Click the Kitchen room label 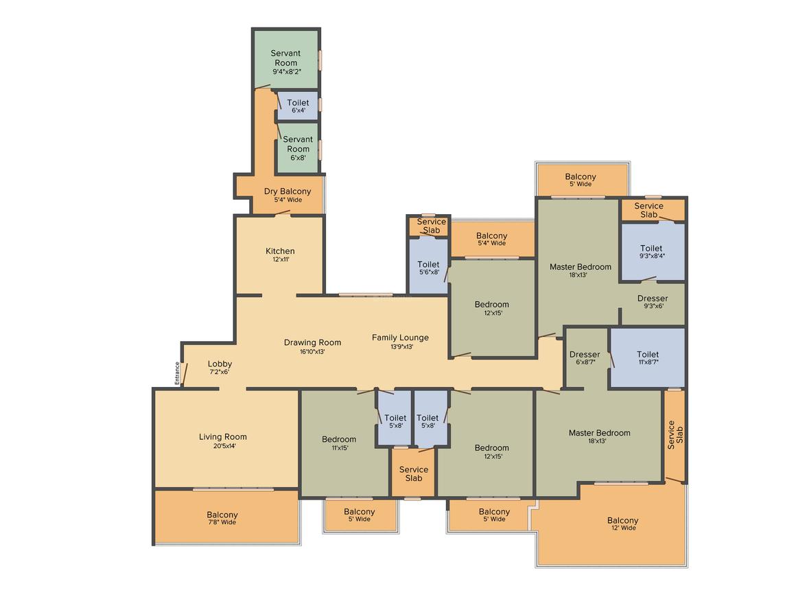coord(280,250)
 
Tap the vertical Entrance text coord(177,373)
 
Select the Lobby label coord(220,364)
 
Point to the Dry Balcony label coord(288,191)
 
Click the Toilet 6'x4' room coord(298,106)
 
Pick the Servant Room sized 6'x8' coord(298,148)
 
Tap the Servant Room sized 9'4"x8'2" coord(286,59)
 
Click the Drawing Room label coord(312,342)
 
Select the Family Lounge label coord(400,338)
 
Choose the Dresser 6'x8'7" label coord(585,355)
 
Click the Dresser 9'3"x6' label coord(653,298)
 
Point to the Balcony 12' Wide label coord(623,521)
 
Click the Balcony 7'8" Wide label coord(222,515)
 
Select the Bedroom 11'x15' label coord(339,440)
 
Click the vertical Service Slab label coord(675,434)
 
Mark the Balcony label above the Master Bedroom coord(581,176)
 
